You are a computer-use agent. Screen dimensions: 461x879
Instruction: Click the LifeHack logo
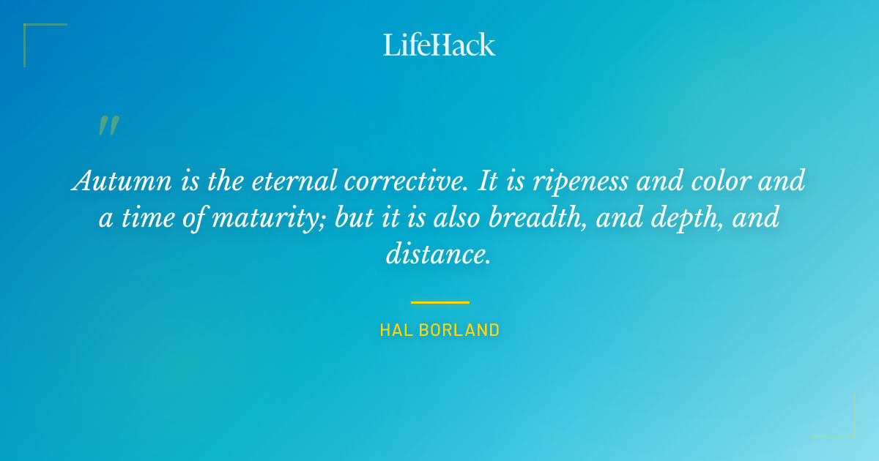[439, 45]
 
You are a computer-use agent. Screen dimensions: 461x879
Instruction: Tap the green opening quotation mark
[108, 126]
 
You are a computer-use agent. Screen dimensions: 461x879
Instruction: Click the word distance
[438, 255]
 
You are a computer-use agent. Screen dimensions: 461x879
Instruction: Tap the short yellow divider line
[439, 301]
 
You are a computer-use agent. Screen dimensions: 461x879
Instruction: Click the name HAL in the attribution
[393, 331]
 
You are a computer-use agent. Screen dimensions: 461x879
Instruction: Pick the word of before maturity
[193, 218]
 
